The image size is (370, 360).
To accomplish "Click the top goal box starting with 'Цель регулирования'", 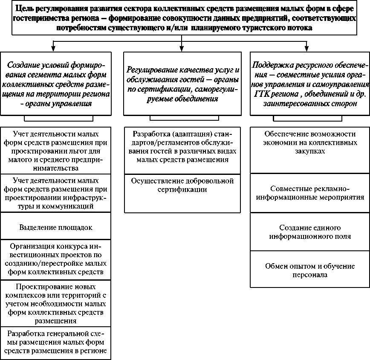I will click(184, 18).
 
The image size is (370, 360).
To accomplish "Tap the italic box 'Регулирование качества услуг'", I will click(182, 83).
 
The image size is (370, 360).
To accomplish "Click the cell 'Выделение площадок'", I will click(55, 227).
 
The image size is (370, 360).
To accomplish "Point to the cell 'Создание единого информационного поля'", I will click(310, 232).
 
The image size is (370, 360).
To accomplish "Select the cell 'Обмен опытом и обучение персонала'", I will click(310, 270).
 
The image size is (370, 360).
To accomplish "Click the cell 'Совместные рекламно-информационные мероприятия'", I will click(310, 193).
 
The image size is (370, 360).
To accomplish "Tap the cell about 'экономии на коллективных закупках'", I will click(310, 142).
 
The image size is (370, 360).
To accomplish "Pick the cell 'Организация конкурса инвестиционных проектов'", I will click(55, 259).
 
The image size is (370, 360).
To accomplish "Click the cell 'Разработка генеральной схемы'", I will click(55, 343).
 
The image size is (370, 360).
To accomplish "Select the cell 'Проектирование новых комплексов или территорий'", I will click(55, 303).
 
